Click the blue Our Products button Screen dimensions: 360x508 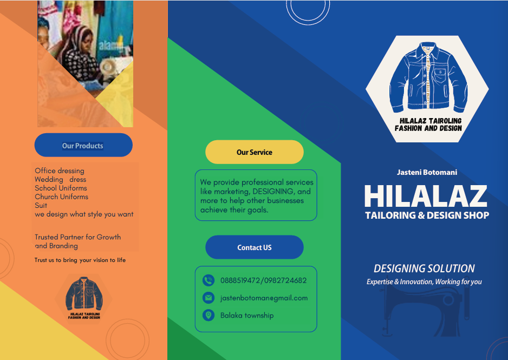(83, 145)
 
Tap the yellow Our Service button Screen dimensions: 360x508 (255, 152)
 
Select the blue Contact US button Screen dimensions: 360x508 (255, 247)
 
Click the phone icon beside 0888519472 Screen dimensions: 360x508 (209, 280)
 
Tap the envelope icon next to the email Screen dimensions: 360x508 (209, 298)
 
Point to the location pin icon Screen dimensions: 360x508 (209, 315)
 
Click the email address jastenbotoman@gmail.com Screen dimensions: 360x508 (264, 298)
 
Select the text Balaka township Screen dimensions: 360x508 (247, 315)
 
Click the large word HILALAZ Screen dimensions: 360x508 (425, 196)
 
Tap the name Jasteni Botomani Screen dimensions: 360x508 (427, 172)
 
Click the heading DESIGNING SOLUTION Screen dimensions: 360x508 (424, 269)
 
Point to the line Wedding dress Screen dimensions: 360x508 (60, 179)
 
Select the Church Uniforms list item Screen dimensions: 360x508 (61, 197)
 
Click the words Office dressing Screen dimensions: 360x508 (60, 171)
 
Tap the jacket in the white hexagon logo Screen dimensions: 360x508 (427, 78)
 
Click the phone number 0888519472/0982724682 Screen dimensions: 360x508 (263, 280)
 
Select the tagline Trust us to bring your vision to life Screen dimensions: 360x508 (80, 260)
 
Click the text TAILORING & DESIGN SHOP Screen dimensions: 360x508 (427, 215)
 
